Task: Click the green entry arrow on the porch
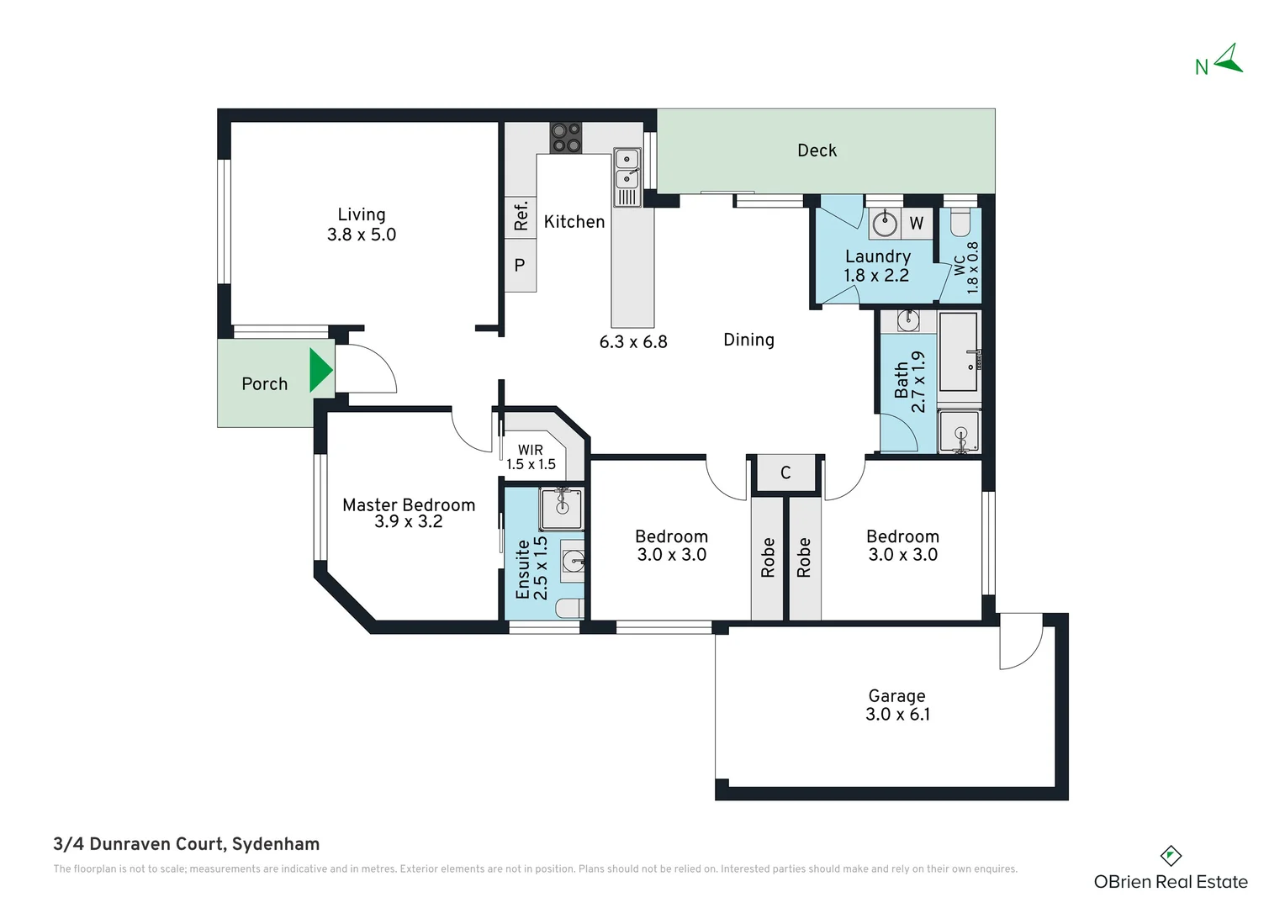320,370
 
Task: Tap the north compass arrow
1230,59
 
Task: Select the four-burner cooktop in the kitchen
566,138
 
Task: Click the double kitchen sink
627,177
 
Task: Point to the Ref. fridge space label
521,216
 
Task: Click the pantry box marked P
521,265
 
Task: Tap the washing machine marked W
917,223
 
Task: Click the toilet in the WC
960,222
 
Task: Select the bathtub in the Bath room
958,351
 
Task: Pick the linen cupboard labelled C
785,472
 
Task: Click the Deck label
817,150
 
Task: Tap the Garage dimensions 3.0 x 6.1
897,714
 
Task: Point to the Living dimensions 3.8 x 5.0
362,235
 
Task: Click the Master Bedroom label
409,505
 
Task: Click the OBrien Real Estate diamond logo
1171,856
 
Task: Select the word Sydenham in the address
276,844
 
